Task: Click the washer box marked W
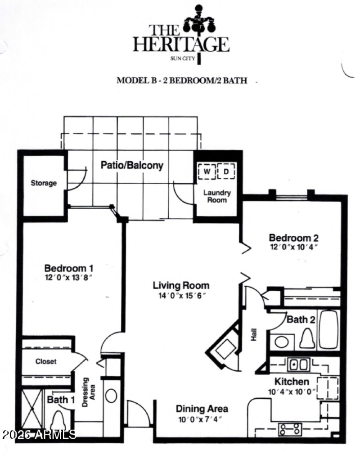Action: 207,171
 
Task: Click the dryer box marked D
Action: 226,171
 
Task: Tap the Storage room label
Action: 44,183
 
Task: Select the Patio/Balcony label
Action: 132,165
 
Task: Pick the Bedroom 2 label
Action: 290,238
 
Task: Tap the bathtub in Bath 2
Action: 329,329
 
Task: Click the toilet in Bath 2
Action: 306,338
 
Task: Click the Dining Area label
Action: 202,409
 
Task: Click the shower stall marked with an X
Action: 32,410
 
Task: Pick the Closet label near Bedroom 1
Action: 45,361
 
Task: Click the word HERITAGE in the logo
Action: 181,44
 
